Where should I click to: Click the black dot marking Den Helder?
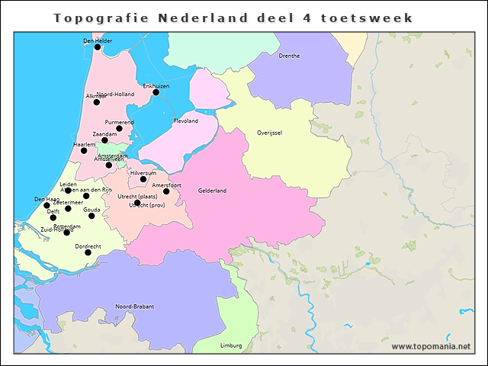point(97,47)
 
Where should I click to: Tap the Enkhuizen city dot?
point(156,92)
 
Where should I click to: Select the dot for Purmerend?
point(119,129)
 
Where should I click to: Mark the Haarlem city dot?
point(84,151)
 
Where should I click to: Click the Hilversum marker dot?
point(143,180)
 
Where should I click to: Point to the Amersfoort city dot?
point(166,191)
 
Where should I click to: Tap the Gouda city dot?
point(91,216)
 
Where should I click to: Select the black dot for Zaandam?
point(104,140)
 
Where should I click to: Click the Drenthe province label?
point(289,56)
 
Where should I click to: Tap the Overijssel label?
point(270,132)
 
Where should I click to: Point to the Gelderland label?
point(211,190)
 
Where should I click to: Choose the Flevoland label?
point(186,120)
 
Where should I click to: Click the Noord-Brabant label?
point(134,306)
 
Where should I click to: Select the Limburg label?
point(230,345)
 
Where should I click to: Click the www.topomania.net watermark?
point(431,346)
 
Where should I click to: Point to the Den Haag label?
point(47,199)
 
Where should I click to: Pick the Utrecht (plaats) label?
point(137,197)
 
